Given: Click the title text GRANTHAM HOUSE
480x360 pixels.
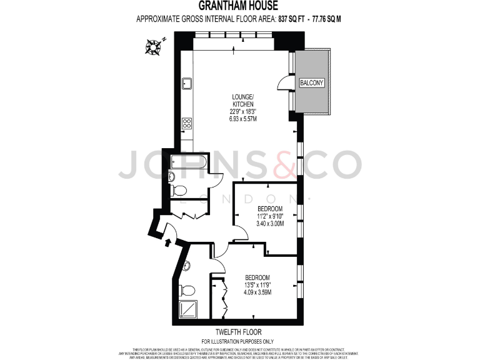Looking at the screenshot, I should tap(239, 6).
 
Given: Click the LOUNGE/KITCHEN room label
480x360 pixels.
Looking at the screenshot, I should tap(242, 100).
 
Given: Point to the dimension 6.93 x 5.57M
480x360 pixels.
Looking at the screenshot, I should tap(242, 119).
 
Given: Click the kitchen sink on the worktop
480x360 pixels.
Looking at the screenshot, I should tap(186, 82).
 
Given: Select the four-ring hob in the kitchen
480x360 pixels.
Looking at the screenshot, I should tap(186, 122).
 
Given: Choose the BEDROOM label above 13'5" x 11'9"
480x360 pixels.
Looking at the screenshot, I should tap(257, 277).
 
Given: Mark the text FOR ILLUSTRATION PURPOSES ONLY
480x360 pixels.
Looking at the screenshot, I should tap(238, 341).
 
